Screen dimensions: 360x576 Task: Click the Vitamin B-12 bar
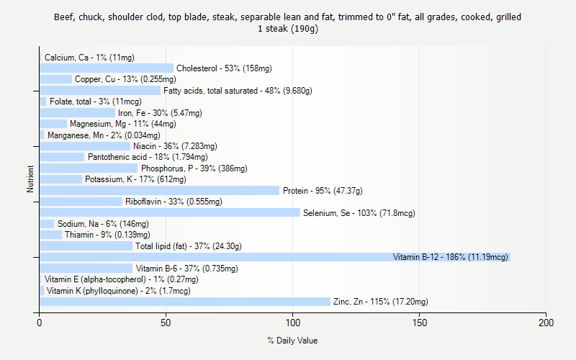click(274, 257)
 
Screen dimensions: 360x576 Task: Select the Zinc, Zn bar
click(184, 302)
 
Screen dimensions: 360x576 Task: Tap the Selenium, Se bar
click(170, 212)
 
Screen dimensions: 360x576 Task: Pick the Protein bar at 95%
click(159, 191)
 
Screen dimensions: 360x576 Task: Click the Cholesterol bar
click(107, 68)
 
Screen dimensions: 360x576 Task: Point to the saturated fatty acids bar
click(100, 91)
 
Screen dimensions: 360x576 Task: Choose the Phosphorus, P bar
click(89, 168)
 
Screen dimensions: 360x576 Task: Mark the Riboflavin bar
click(81, 202)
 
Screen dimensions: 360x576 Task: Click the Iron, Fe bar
click(77, 113)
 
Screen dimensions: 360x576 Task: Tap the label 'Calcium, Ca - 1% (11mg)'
click(89, 58)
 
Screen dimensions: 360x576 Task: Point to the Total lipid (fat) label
click(188, 246)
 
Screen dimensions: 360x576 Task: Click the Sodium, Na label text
click(103, 224)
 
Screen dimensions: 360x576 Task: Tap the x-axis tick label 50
click(166, 323)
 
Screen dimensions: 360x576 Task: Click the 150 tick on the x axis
click(419, 323)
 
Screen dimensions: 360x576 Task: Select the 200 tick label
click(546, 323)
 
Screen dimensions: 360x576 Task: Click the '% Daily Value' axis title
click(292, 341)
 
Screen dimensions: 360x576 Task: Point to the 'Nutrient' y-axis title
click(30, 179)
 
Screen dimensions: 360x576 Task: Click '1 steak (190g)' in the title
click(288, 29)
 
